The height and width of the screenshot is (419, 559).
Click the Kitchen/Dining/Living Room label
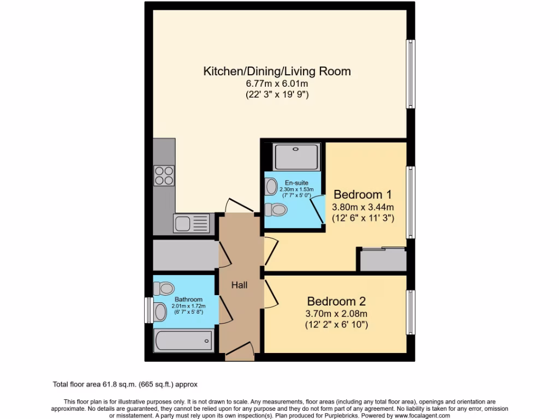point(277,71)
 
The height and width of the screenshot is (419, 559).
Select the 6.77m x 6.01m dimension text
point(277,84)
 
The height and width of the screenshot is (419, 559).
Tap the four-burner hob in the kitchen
point(164,175)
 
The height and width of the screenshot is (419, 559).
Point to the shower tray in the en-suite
point(295,157)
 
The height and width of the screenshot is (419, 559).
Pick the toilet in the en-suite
point(276,209)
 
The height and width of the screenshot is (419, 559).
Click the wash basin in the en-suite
point(271,187)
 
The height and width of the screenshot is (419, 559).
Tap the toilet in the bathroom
point(164,288)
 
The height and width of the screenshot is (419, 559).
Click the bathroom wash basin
point(160,312)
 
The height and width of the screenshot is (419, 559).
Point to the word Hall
point(239,285)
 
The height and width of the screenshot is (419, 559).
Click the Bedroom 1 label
point(362,195)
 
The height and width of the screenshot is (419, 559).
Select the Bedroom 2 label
point(336,301)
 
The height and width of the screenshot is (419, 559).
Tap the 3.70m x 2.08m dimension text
point(336,314)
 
